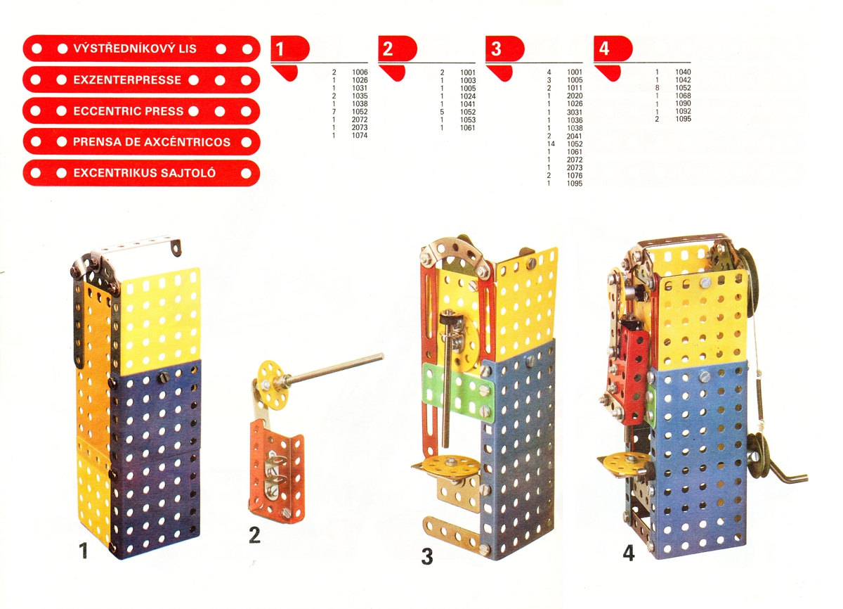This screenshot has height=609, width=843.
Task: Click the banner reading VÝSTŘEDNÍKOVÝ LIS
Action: pyautogui.click(x=141, y=49)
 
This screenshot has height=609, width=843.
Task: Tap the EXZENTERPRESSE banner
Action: pyautogui.click(x=141, y=80)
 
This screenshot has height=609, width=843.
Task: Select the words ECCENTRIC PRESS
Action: pyautogui.click(x=129, y=111)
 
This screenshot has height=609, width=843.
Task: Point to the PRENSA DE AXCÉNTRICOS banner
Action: pyautogui.click(x=141, y=141)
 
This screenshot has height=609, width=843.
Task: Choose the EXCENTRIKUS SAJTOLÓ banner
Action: pyautogui.click(x=141, y=173)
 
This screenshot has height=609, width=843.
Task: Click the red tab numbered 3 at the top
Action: pyautogui.click(x=504, y=49)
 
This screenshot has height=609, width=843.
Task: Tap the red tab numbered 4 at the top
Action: pyautogui.click(x=613, y=49)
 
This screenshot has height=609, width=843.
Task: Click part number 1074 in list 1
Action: pyautogui.click(x=360, y=136)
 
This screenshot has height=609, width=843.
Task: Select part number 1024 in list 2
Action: pyautogui.click(x=468, y=96)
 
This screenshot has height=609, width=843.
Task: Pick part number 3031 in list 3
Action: pyautogui.click(x=575, y=113)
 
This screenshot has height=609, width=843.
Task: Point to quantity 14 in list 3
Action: pyautogui.click(x=551, y=144)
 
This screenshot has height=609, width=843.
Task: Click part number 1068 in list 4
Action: pyautogui.click(x=683, y=96)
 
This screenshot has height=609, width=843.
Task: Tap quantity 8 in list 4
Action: pyautogui.click(x=657, y=88)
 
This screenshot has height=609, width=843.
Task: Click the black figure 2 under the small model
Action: pyautogui.click(x=254, y=534)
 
